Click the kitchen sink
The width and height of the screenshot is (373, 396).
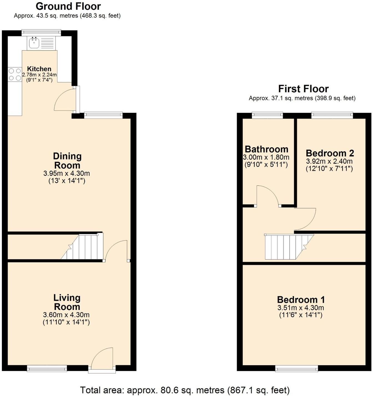[x=34, y=43]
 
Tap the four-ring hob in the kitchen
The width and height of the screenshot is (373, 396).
[x=15, y=74]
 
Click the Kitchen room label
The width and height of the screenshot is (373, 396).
[x=39, y=69]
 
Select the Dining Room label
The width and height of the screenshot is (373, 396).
[x=67, y=161]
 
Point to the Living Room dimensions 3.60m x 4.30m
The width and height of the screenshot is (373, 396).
[x=66, y=315]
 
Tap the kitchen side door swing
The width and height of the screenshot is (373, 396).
[x=64, y=99]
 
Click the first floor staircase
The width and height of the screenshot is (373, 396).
[x=287, y=247]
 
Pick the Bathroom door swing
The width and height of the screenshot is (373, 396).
[x=267, y=196]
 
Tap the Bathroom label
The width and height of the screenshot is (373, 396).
[x=266, y=149]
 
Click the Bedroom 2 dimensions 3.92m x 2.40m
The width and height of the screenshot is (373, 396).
[x=329, y=161]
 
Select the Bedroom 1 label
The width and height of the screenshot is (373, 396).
[x=301, y=300]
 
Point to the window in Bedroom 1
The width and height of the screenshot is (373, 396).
[x=297, y=368]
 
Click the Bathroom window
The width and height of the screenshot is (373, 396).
[x=267, y=115]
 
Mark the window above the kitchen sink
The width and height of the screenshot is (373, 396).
[x=41, y=33]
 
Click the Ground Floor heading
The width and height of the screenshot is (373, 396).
[x=68, y=6]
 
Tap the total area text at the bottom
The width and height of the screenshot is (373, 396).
[x=185, y=390]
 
